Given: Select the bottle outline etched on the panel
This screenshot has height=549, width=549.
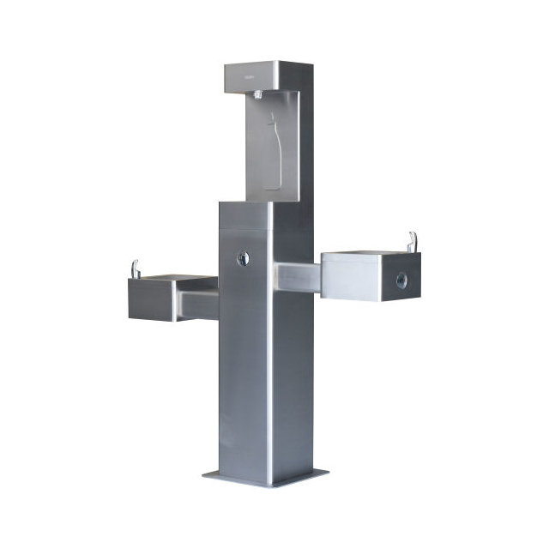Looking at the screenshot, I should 271,154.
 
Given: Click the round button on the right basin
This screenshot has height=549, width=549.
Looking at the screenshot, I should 401,280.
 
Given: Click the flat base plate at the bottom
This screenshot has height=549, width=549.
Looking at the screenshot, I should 266,476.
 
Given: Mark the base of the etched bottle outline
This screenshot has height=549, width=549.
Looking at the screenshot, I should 272,184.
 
